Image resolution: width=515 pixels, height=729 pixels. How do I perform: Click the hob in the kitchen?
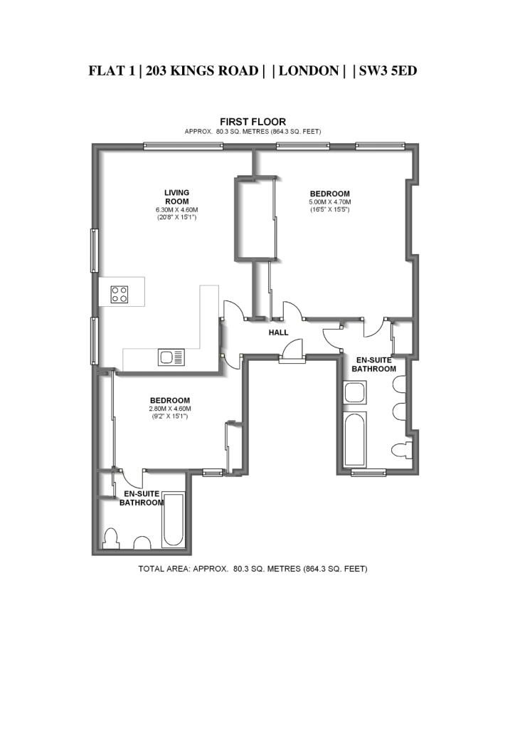click(x=120, y=294)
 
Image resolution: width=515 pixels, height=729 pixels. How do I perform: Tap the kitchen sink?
click(x=171, y=357)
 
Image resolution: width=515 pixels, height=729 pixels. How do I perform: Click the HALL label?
click(x=279, y=332)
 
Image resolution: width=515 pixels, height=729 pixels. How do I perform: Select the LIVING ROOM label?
click(x=177, y=197)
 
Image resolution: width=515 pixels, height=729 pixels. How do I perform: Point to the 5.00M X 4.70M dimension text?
click(x=330, y=202)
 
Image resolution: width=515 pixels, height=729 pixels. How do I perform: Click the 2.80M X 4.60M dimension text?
click(x=170, y=409)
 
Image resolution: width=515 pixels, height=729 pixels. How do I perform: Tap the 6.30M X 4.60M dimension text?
click(x=177, y=210)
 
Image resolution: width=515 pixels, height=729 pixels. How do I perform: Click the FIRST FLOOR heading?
click(x=253, y=122)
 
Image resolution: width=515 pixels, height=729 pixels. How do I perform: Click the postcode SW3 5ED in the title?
click(x=388, y=70)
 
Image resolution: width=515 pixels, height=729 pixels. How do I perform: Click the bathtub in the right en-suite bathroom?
click(x=355, y=439)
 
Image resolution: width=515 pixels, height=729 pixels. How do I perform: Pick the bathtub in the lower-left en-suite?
click(x=174, y=520)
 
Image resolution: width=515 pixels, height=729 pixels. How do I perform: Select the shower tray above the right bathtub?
click(x=355, y=393)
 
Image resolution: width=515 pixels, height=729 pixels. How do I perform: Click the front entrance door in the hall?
click(x=293, y=350)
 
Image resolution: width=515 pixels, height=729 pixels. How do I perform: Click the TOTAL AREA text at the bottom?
click(x=253, y=569)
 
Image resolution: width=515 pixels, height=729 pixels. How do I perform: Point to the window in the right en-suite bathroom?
click(x=368, y=473)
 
